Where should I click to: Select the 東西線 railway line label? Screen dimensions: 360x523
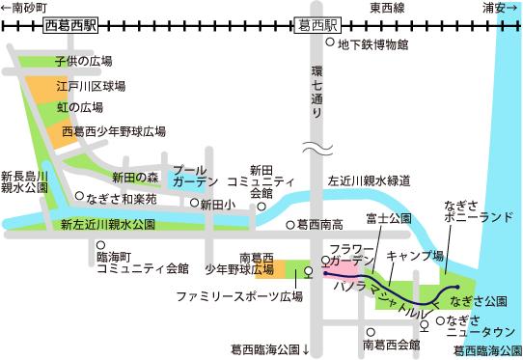pos(389,9)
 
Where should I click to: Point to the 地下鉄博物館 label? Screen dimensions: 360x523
pos(372,45)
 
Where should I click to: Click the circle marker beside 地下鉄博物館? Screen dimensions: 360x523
pos(330,44)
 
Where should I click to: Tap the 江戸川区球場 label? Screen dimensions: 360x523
pos(91,85)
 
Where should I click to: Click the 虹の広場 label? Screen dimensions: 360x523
pos(79,107)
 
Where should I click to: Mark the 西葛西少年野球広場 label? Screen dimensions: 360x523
pos(114,130)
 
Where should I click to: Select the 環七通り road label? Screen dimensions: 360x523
pos(314,93)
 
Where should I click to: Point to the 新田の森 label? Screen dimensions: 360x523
pos(134,178)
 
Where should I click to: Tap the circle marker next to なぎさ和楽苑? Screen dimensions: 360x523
pos(78,196)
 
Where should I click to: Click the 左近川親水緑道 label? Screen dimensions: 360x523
pos(370,180)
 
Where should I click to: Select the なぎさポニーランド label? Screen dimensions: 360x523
pos(479,211)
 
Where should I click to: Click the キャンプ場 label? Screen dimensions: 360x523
pos(415,257)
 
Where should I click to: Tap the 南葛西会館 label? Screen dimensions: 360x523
pos(392,344)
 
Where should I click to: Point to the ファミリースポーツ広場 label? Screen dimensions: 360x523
pos(238,296)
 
